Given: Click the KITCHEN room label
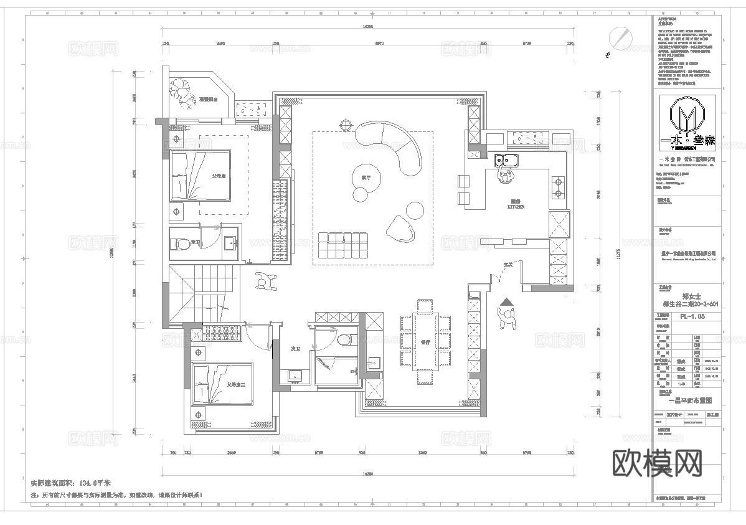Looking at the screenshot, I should coord(516,204).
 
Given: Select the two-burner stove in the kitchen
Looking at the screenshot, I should coord(557,182).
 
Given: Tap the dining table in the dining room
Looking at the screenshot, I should coord(426,342).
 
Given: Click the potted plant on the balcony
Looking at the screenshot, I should coord(182,93).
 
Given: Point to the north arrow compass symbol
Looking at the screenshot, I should coord(619,37).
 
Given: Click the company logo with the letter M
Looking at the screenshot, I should coord(688,118).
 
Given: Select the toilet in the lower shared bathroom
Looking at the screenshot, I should coord(342,339).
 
